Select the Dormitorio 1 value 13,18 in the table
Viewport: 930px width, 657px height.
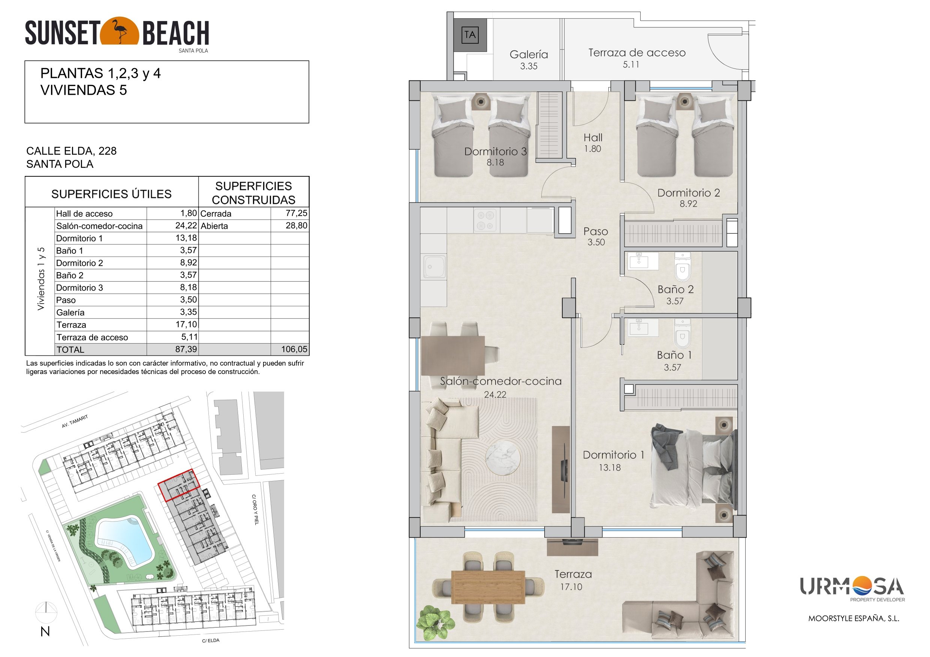tap(186, 238)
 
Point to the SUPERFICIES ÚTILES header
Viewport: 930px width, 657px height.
tap(111, 194)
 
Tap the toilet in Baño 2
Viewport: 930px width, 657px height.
tap(683, 267)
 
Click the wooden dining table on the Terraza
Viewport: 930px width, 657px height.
tap(488, 587)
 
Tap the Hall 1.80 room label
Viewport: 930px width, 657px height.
tap(593, 143)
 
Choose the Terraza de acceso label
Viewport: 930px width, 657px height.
tap(637, 52)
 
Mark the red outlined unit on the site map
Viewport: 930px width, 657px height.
tap(179, 485)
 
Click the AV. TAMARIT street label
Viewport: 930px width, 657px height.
tap(75, 422)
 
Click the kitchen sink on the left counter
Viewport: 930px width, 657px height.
tap(434, 267)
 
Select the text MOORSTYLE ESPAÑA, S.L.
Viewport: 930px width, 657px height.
tap(854, 618)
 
